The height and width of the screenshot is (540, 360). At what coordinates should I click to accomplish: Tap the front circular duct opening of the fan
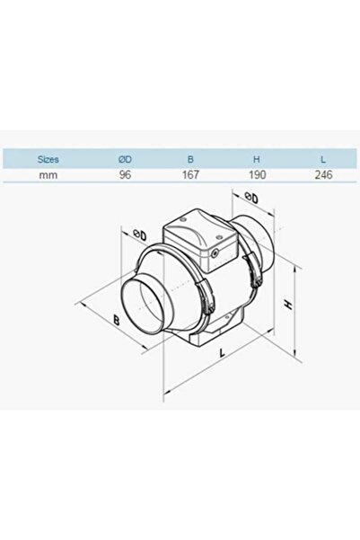(145, 305)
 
